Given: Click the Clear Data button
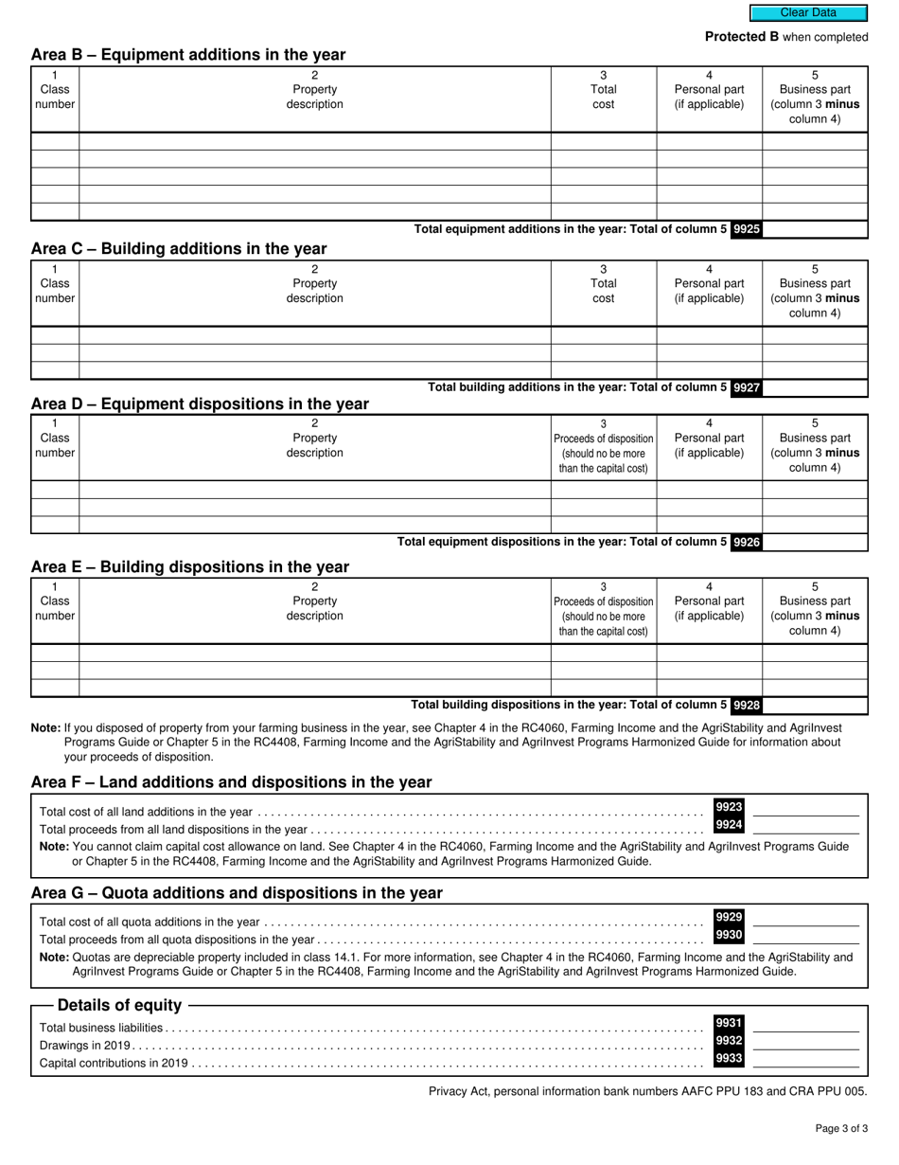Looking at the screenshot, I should tap(808, 13).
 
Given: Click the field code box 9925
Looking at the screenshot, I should tap(746, 229).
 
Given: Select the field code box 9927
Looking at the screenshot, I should tap(746, 387).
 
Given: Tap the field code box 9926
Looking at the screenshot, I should tap(746, 543).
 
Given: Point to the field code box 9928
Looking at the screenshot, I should tap(746, 706).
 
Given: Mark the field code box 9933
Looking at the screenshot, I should tap(728, 1059).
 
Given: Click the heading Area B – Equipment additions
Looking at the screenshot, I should tap(188, 55).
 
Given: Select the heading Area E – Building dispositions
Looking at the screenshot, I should tap(190, 567).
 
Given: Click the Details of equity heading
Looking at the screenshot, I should tap(119, 1005).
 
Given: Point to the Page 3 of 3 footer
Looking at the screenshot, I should tap(841, 1128).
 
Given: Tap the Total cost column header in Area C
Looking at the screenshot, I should tap(604, 291).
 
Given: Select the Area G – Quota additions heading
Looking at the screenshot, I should tap(237, 893).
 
